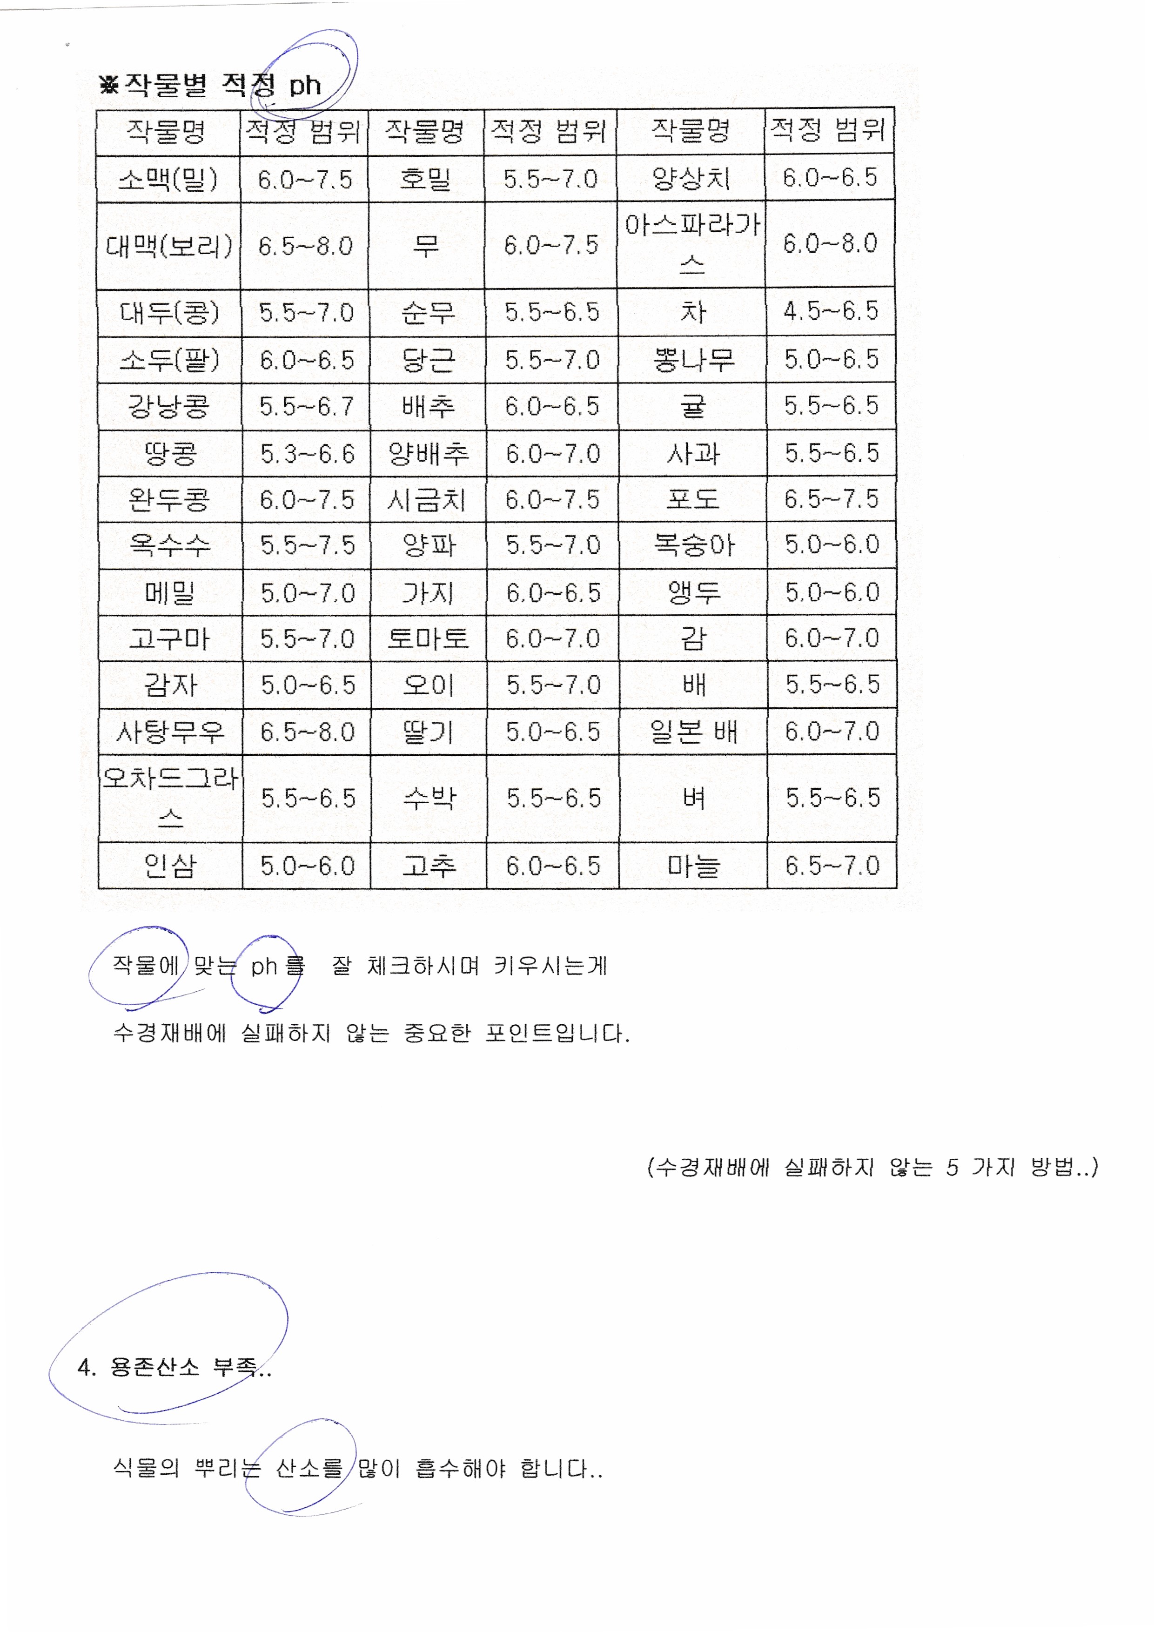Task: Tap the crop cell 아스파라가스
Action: click(691, 244)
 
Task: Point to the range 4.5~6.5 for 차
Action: click(830, 310)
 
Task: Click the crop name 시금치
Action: click(427, 500)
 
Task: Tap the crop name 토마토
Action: click(428, 638)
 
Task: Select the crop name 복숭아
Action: click(693, 544)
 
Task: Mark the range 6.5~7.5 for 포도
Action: click(832, 499)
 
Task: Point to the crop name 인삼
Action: click(170, 865)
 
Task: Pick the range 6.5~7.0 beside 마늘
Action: click(832, 865)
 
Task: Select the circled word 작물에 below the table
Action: click(145, 965)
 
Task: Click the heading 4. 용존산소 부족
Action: click(174, 1367)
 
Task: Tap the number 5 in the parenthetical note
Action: click(952, 1167)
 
